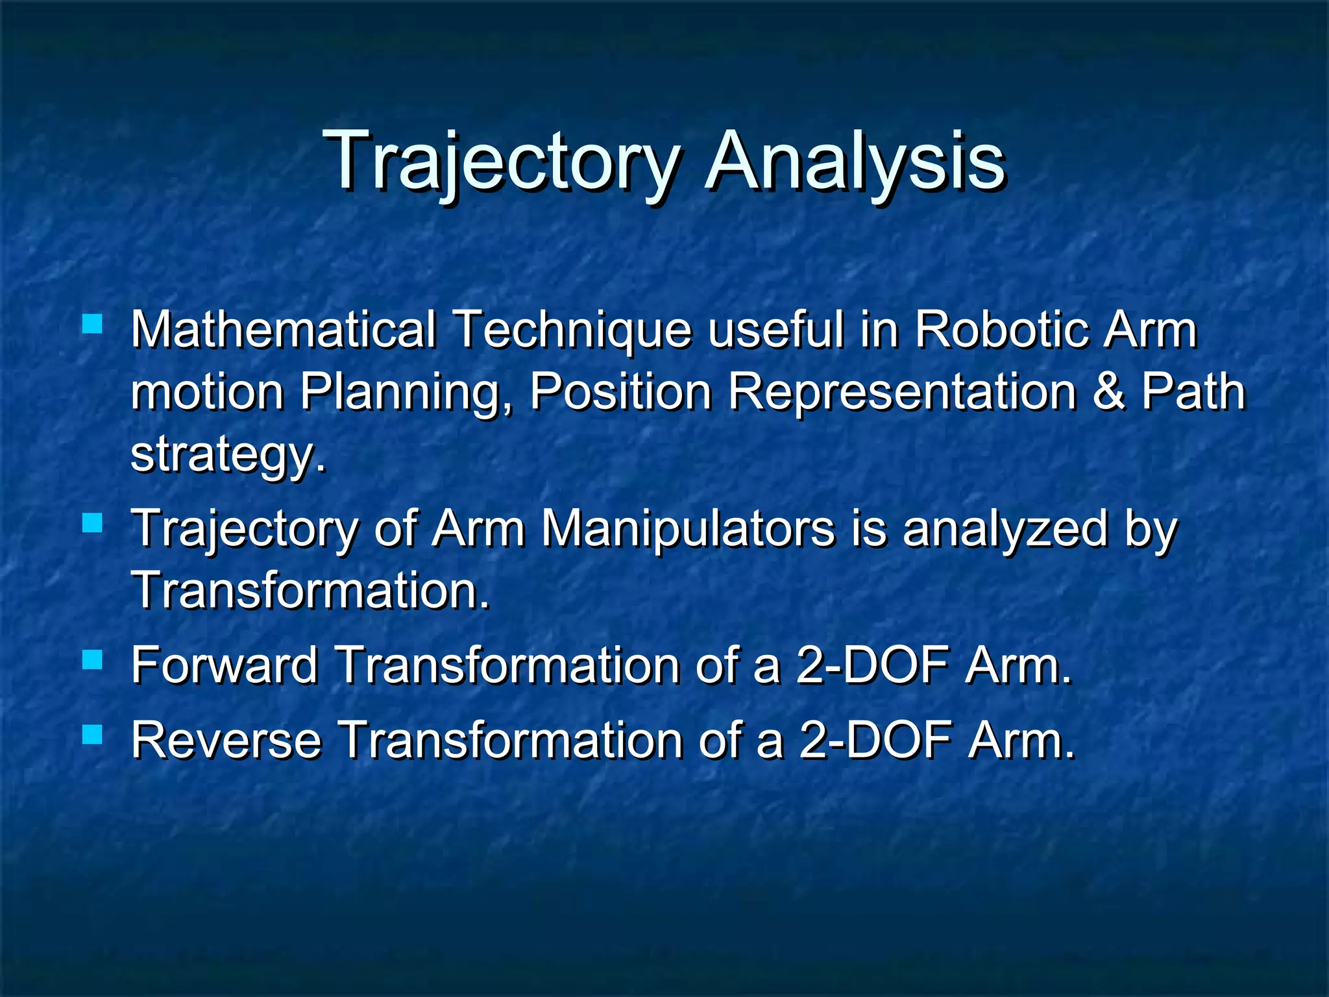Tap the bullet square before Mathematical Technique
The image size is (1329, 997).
point(93,323)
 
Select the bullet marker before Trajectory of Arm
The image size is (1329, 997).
point(93,523)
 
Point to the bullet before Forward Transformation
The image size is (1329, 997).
point(93,660)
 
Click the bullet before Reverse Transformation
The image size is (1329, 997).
point(93,735)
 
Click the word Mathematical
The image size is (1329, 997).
point(284,330)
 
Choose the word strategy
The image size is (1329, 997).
point(227,456)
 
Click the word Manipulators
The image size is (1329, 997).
point(687,528)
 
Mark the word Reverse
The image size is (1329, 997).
point(226,740)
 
